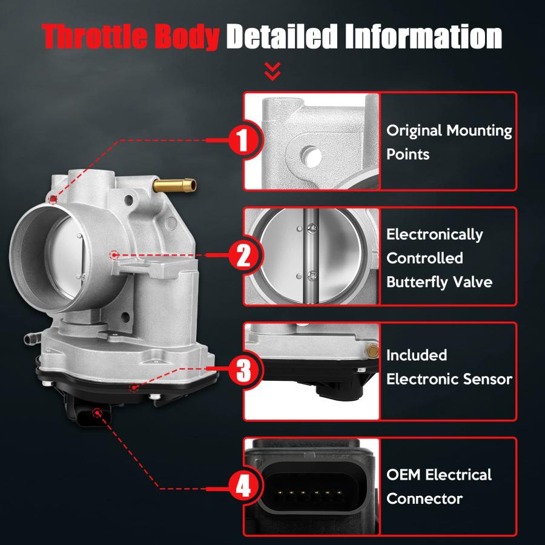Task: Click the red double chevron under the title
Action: click(272, 71)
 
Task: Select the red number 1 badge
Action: click(243, 140)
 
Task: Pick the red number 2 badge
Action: click(243, 255)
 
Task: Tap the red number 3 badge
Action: click(243, 369)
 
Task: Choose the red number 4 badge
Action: click(243, 486)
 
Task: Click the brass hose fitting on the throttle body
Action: click(174, 185)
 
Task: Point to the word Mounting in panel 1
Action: click(479, 131)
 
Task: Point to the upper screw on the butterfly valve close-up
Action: click(312, 228)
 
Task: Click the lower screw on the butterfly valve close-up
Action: click(312, 276)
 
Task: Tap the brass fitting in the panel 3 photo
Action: click(372, 351)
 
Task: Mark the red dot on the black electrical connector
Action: click(97, 413)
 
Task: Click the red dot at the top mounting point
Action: click(53, 199)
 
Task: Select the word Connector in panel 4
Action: click(424, 499)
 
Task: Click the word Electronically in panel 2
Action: click(434, 235)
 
